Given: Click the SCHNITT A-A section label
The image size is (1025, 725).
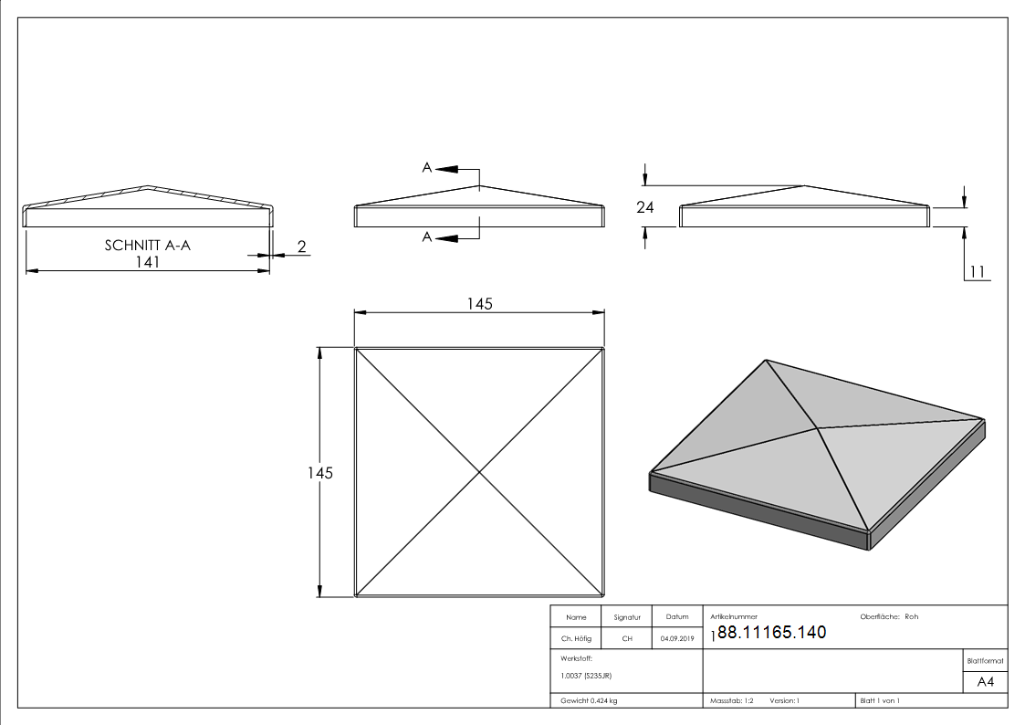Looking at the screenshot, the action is point(148,245).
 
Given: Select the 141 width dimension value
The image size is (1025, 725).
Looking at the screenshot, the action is point(148,261).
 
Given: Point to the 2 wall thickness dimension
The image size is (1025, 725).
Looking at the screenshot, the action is point(301,247).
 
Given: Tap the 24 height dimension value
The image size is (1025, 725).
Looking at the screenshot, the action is point(644,207).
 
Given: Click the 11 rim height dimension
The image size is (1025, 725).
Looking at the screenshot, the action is point(978,272).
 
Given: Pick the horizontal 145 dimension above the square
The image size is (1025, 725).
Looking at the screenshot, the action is point(479,304).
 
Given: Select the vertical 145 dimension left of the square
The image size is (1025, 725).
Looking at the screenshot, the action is point(320,473).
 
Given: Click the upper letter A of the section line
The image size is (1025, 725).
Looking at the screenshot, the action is point(427,168).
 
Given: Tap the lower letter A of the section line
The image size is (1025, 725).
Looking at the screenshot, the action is point(427,236).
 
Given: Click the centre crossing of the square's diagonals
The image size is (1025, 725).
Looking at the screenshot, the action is point(479,472).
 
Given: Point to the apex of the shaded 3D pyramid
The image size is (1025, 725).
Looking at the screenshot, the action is point(818,428).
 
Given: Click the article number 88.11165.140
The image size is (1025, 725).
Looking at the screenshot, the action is point(771,632).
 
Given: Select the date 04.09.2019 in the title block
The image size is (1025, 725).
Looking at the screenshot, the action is point(677,638).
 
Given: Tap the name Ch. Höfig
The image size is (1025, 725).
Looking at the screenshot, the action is point(576,638).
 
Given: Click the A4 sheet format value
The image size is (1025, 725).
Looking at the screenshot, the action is point(985,682).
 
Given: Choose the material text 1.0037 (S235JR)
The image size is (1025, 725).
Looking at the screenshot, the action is point(586,676).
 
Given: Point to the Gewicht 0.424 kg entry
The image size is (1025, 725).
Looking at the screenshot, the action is point(589,701).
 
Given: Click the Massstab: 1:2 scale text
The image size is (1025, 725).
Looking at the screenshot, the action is point(731,701).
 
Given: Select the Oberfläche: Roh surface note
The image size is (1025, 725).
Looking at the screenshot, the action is point(889,616).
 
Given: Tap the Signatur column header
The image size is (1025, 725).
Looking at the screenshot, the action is point(627,617).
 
